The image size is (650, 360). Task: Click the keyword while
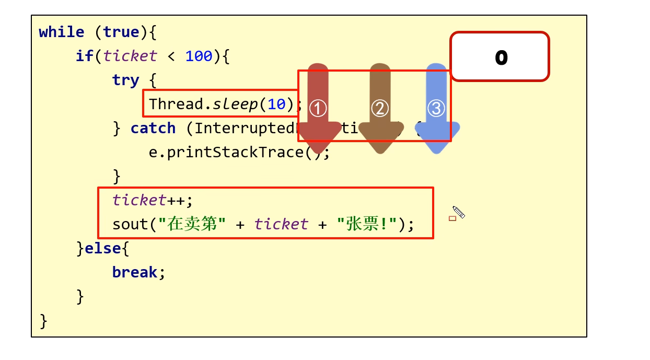pos(61,32)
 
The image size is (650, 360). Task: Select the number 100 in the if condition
pos(199,56)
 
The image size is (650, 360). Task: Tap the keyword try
pos(125,80)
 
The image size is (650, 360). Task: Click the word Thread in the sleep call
pos(176,104)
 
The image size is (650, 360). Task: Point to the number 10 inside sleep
pos(277,104)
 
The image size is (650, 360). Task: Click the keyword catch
pos(153,129)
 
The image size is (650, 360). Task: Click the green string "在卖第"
pos(192,225)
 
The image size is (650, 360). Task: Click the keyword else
pos(102,249)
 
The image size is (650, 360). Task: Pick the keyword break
pos(134,273)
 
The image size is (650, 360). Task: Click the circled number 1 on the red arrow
pos(318,108)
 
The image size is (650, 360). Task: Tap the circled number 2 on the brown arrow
pos(380,108)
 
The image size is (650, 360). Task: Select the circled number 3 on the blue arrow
pos(436,108)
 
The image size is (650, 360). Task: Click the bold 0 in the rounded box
pos(501,57)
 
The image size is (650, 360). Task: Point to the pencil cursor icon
pos(458,212)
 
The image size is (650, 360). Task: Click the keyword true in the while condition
pos(121,32)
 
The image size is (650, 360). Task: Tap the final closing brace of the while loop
pos(43,321)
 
